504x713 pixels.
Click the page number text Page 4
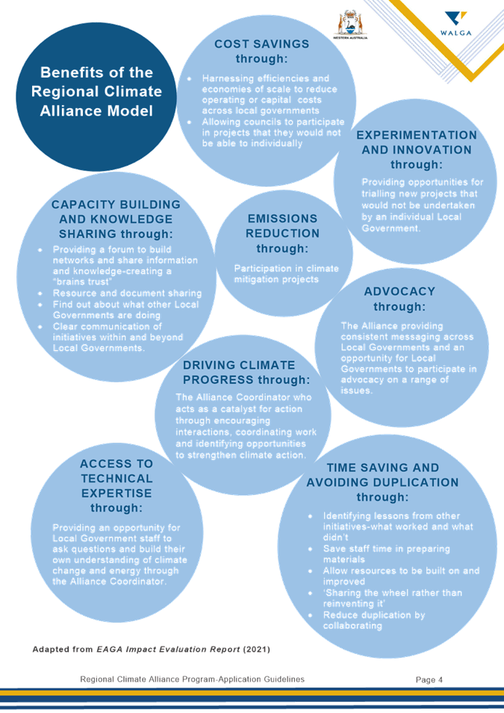429,679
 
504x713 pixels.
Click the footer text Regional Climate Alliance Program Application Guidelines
193,679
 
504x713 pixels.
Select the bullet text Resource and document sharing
127,293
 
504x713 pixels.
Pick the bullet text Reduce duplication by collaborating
374,620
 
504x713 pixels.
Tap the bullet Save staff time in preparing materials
386,554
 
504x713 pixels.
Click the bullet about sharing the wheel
393,598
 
